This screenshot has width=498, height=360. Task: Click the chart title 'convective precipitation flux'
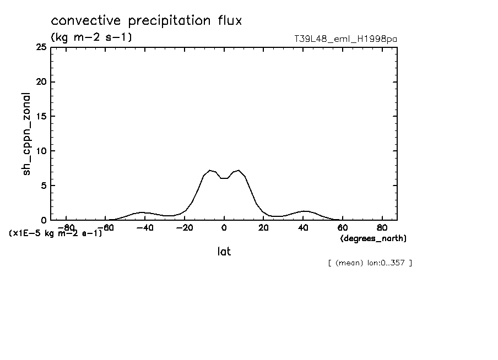(147, 21)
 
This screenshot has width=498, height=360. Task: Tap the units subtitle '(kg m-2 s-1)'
(91, 37)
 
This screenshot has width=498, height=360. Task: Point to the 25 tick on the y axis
(41, 48)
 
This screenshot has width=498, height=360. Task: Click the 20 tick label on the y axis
(41, 82)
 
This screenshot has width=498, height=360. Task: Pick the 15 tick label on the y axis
(41, 117)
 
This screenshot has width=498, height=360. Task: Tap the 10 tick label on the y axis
(41, 151)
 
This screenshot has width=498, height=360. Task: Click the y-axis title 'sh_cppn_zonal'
(26, 134)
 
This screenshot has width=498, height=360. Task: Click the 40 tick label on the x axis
(303, 228)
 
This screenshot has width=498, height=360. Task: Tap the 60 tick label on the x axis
(343, 228)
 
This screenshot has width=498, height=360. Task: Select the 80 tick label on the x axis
(382, 228)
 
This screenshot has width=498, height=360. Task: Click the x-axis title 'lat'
(224, 252)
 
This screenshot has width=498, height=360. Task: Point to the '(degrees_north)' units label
(373, 238)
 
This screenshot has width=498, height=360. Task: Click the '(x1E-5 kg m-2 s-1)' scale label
(56, 233)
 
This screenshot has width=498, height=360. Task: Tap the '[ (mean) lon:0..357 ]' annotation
(370, 263)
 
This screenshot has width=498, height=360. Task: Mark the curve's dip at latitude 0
(224, 178)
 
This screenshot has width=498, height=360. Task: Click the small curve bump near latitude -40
(142, 212)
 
